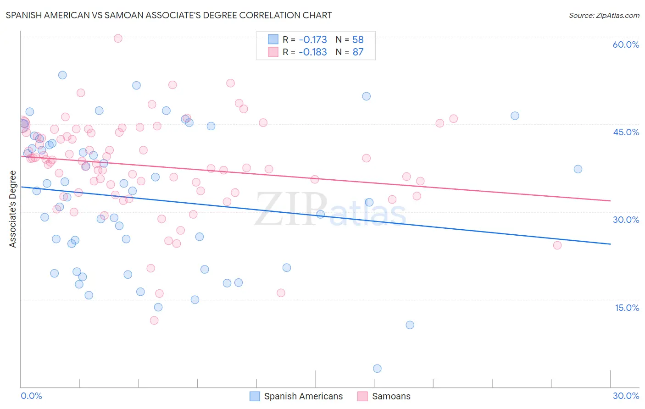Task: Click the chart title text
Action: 169,15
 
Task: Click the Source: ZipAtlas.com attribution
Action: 604,15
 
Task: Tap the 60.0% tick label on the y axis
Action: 626,44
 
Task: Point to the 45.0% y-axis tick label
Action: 626,132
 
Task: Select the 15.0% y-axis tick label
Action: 627,308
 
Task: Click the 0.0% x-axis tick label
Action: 31,396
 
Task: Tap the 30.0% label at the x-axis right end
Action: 626,396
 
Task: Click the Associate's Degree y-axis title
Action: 13,209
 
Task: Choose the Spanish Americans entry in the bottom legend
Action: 303,396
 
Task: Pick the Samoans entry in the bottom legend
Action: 391,396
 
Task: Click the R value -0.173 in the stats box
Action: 313,39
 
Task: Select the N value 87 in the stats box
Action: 358,52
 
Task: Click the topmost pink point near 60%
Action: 118,39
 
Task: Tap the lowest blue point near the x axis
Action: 377,369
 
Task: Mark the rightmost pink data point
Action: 557,245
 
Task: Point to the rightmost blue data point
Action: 578,169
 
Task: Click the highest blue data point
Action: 62,75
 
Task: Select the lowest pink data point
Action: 154,321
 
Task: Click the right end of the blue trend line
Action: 610,244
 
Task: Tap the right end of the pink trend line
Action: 610,201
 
